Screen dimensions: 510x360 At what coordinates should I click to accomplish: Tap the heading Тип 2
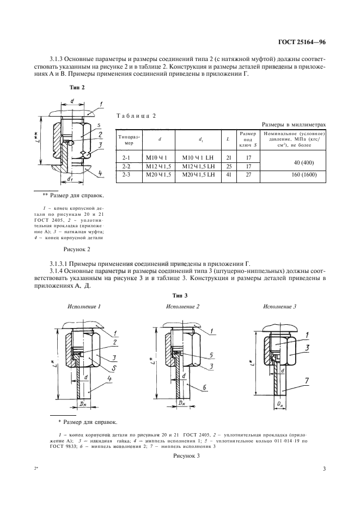[x=77, y=87]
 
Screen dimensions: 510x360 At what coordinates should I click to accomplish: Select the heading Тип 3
[x=180, y=295]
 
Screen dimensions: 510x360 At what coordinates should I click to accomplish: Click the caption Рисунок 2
[x=76, y=249]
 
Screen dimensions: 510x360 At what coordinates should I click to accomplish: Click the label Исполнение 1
[x=84, y=306]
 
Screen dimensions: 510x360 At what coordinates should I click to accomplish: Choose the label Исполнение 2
[x=182, y=306]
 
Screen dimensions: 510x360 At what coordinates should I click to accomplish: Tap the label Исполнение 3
[x=279, y=306]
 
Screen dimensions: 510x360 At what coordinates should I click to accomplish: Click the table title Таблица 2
[x=137, y=116]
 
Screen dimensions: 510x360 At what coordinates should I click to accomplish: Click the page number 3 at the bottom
[x=324, y=469]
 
